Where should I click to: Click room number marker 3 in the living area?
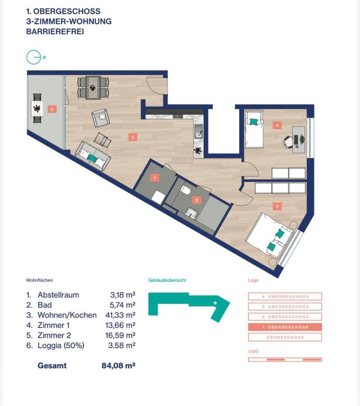[133, 137]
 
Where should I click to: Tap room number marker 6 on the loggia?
[52, 109]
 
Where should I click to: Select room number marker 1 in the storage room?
[155, 178]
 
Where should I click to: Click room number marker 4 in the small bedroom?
[277, 125]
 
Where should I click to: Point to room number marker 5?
[277, 207]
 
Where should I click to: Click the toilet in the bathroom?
[185, 191]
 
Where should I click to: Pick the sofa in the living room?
[93, 156]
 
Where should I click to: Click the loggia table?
[38, 109]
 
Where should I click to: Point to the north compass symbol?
[34, 57]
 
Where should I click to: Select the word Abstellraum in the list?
[58, 295]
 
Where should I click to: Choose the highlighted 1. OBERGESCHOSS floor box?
[285, 327]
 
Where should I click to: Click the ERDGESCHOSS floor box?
[285, 337]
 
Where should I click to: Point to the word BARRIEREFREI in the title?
[55, 31]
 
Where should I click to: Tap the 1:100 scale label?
[254, 351]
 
